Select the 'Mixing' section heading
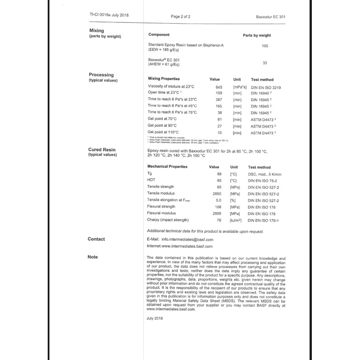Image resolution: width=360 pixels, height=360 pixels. [x=97, y=31]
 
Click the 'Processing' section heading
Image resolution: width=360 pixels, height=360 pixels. [x=101, y=75]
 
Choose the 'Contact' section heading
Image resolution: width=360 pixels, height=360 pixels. [x=96, y=239]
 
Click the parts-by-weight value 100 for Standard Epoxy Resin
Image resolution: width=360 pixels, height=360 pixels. [x=265, y=46]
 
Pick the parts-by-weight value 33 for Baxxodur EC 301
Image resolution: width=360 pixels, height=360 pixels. [x=265, y=63]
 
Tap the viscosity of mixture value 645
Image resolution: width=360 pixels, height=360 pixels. [x=219, y=86]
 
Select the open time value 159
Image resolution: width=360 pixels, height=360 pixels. [x=219, y=93]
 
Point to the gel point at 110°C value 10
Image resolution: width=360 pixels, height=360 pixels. [x=220, y=133]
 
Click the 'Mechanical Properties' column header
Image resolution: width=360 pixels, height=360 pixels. [x=168, y=166]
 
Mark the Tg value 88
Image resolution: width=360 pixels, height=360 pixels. [x=219, y=174]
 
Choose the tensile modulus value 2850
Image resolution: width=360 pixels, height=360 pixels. [x=216, y=193]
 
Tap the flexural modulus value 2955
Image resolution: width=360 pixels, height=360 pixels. [x=216, y=213]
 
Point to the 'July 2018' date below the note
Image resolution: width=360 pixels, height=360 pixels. [x=155, y=318]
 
